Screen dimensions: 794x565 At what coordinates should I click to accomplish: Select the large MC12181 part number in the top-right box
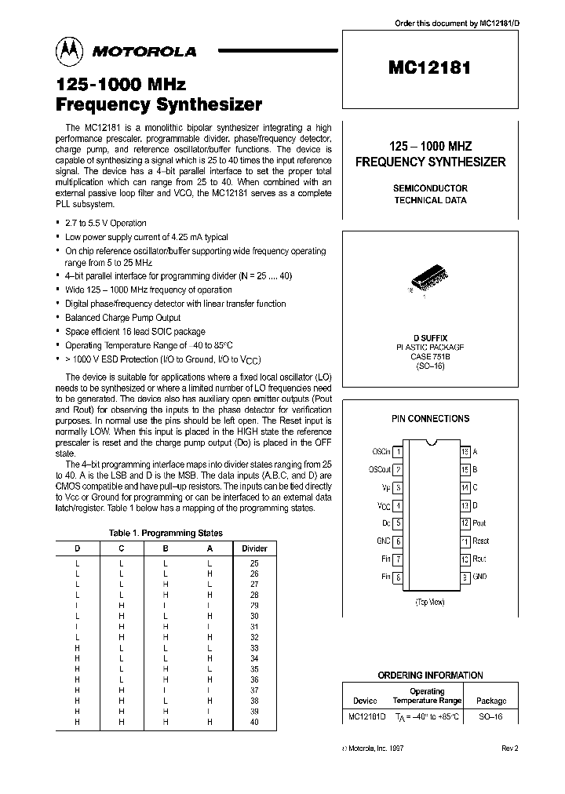[430, 67]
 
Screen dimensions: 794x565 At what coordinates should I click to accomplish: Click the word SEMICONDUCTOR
[430, 188]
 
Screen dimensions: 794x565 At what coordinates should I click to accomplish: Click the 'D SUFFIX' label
[430, 337]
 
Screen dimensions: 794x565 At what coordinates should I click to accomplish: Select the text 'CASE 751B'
[430, 355]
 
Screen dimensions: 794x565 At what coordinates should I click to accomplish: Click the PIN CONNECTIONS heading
[430, 419]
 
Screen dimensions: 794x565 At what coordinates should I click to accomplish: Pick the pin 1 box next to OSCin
[398, 452]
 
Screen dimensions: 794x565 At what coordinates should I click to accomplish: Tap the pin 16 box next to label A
[465, 452]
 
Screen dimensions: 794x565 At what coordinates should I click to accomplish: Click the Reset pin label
[480, 541]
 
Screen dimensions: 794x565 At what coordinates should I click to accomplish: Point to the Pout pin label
[479, 523]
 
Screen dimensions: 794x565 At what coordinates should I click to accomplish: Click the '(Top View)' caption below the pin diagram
[430, 603]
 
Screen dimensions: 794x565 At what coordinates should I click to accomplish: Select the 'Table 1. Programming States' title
[166, 533]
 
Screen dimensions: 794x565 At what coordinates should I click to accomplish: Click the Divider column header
[254, 548]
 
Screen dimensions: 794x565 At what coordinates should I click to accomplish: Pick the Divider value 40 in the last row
[254, 722]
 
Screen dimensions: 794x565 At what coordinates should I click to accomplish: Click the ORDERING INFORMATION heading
[430, 675]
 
